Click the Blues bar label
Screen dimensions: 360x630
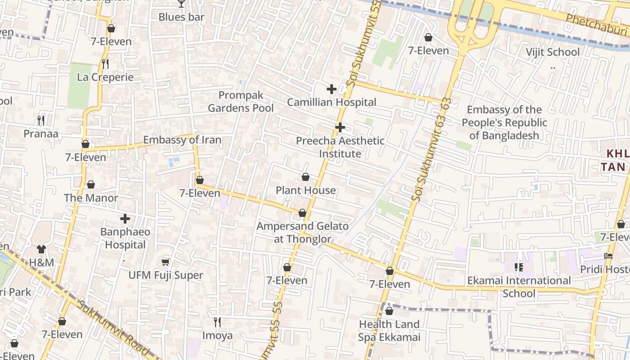(181, 17)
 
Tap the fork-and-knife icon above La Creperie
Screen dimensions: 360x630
(105, 64)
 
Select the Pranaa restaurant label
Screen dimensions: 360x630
(41, 134)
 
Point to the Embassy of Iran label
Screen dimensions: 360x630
(182, 140)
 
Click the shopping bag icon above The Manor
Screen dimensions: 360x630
(91, 184)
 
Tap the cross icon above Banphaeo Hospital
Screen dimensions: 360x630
(125, 219)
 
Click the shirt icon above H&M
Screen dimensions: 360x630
(41, 249)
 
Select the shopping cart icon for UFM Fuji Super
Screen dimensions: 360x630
(166, 262)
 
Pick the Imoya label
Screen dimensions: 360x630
(217, 335)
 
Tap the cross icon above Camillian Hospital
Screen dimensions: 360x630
(332, 89)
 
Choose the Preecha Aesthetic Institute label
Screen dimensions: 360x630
(340, 147)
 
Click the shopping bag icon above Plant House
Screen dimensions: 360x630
(306, 177)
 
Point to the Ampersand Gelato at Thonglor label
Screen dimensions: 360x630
(302, 232)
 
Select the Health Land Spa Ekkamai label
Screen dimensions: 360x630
(389, 330)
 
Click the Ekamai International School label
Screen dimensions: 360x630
(519, 287)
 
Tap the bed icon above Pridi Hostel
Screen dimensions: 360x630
(608, 256)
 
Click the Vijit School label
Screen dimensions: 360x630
(553, 52)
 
